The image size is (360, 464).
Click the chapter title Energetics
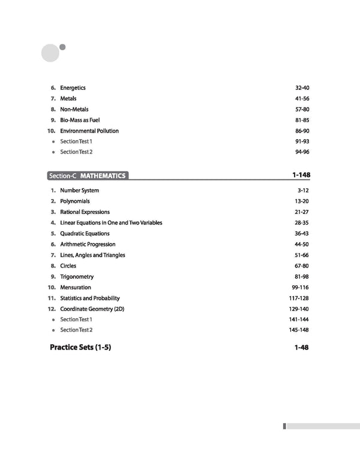point(73,88)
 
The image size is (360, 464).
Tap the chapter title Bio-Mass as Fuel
point(80,120)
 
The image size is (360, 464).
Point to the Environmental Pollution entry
point(89,131)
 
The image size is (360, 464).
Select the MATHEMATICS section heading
point(103,176)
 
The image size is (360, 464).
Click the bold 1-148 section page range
point(301,176)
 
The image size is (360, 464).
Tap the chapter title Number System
point(80,191)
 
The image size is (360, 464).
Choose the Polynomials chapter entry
point(75,201)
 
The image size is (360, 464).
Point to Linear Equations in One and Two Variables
point(111,223)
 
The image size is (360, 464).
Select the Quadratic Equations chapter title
point(85,234)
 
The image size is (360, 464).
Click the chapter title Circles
point(68,266)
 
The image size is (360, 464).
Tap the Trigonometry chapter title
point(77,277)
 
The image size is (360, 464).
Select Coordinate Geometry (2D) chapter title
point(92,309)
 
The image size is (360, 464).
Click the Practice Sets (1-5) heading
point(80,348)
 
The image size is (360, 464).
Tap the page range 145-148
point(298,330)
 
